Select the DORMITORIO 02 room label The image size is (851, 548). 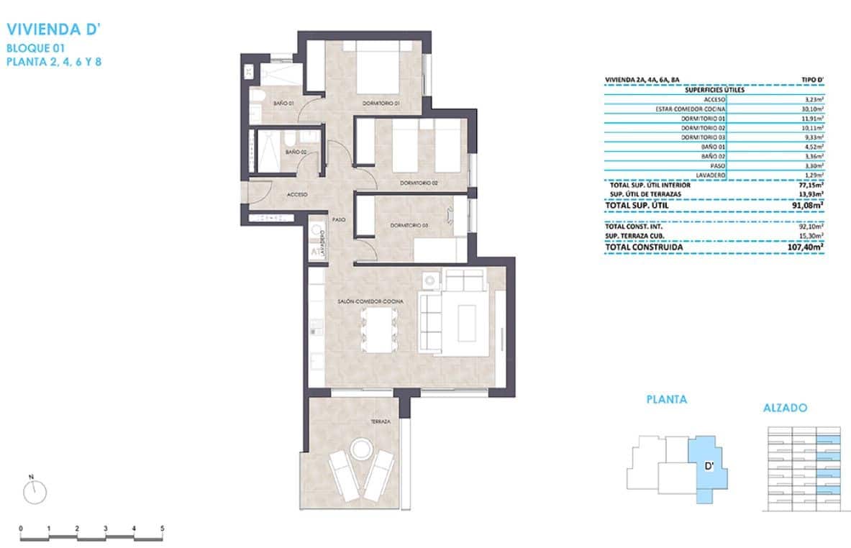(419, 183)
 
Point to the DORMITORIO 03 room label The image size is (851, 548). (409, 226)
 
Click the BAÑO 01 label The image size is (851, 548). (283, 104)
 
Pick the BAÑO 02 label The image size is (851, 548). (296, 152)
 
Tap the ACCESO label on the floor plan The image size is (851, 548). (298, 195)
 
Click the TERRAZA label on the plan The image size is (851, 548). (381, 422)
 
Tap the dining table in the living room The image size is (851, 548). (378, 329)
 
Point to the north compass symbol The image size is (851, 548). (35, 492)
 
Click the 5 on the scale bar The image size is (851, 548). (162, 528)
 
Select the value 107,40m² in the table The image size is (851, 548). (805, 247)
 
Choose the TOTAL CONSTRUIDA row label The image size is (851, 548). (644, 247)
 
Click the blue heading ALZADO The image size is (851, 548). (785, 408)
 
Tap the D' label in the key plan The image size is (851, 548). (708, 466)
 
